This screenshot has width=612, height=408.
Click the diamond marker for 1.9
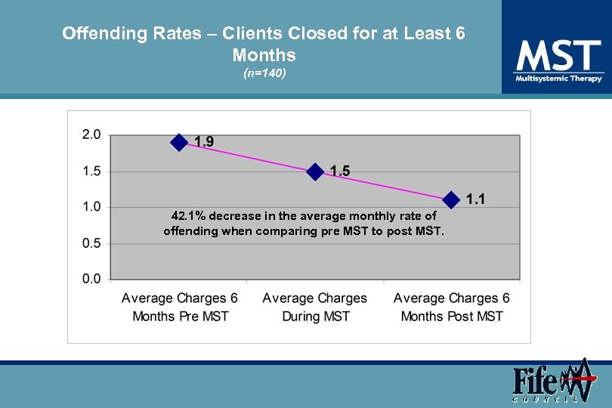[x=179, y=142]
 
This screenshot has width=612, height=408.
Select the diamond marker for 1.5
[x=315, y=172]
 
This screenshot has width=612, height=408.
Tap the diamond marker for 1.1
[x=451, y=199]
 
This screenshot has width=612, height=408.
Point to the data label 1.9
[x=204, y=142]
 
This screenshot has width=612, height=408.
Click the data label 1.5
[x=340, y=172]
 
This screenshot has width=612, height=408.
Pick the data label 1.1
[x=476, y=199]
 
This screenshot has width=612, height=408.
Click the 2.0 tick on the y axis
[x=91, y=134]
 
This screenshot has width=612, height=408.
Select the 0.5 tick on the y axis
[x=91, y=243]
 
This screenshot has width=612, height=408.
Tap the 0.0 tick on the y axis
[x=91, y=279]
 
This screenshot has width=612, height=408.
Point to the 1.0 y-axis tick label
[x=91, y=207]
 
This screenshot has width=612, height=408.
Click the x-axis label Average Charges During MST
[x=315, y=307]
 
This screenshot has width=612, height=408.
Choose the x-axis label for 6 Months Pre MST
[x=180, y=307]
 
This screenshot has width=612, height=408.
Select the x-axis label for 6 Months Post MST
[x=452, y=307]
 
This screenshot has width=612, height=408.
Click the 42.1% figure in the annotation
[x=189, y=216]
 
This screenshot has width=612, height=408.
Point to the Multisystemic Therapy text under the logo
[x=558, y=79]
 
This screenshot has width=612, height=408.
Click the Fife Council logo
[x=551, y=382]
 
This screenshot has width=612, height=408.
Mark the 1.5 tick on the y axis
[x=91, y=172]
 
